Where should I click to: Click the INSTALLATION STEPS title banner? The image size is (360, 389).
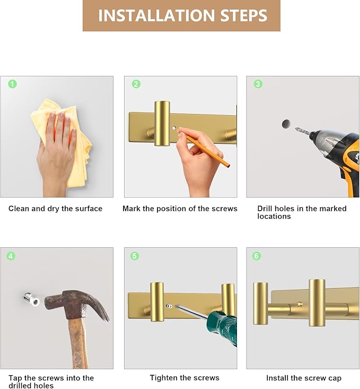[181, 15]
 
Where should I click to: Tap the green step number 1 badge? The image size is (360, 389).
[13, 84]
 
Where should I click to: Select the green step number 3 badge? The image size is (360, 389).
[258, 84]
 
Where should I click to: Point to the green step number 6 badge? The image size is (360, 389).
[257, 256]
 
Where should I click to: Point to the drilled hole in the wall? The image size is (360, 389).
[286, 124]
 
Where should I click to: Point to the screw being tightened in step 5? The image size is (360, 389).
[169, 306]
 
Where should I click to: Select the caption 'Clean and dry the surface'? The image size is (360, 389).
[55, 209]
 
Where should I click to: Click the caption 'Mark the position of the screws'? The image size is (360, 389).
[180, 209]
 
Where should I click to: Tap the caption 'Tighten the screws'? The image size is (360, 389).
[185, 378]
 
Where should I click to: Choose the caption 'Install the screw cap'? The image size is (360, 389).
[304, 378]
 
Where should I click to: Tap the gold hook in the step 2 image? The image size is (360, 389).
[162, 123]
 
